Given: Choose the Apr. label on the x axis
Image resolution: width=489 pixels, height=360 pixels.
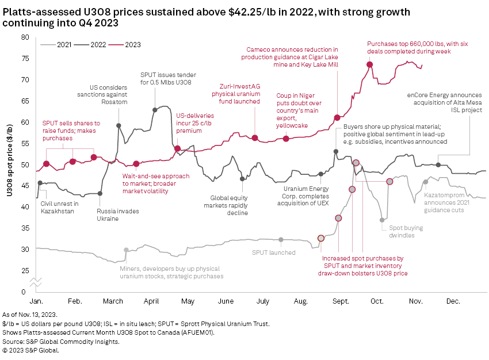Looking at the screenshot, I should tap(151, 301).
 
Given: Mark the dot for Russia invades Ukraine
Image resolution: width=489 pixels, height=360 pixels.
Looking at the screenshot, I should tap(100, 193).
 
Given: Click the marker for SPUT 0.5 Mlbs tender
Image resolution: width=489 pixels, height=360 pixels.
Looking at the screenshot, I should tap(155, 109).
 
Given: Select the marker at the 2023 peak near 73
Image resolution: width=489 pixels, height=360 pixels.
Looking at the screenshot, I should tap(370, 64).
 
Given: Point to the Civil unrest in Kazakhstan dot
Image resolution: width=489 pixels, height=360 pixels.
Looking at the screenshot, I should tap(40, 183).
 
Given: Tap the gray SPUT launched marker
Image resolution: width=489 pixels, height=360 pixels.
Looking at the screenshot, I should tap(281, 239).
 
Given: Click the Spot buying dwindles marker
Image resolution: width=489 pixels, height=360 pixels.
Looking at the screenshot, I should tap(382, 220).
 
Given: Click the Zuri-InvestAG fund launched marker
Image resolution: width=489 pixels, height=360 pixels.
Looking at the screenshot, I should tap(255, 138).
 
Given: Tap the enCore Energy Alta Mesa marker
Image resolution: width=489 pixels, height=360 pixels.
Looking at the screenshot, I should tap(438, 165).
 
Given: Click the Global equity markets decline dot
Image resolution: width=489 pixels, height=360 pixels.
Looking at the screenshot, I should tap(242, 179).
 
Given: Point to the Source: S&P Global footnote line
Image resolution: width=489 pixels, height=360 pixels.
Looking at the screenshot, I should tap(60, 341).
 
